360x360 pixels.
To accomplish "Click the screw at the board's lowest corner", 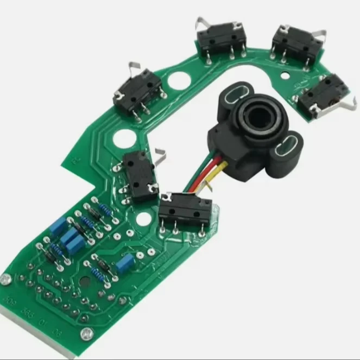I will pyautogui.click(x=84, y=333).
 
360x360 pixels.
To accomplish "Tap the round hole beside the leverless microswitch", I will pyautogui.click(x=143, y=219).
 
